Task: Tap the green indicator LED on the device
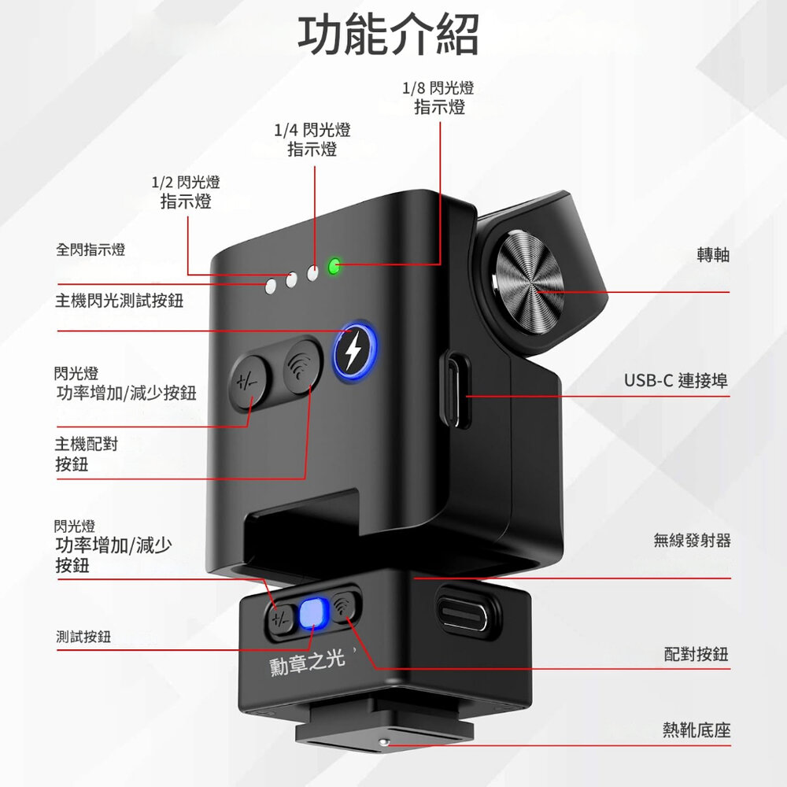pos(334,267)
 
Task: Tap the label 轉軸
pos(713,255)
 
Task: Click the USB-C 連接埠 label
pos(676,381)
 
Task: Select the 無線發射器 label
pos(692,541)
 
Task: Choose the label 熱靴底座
pos(696,731)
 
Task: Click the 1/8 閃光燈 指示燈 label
pos(439,98)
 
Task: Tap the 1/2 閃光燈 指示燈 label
pos(186,192)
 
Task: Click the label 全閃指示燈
pos(91,250)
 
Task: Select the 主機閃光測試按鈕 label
pos(119,301)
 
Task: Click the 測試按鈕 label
pos(83,637)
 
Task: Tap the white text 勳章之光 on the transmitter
pos(307,663)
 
